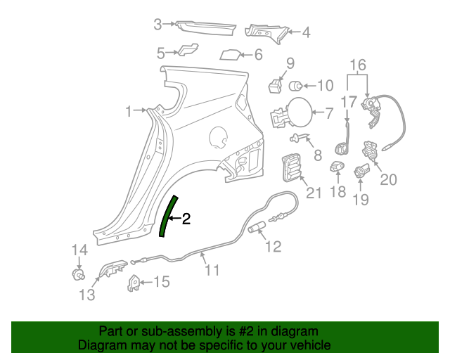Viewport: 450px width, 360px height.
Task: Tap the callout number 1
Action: click(x=129, y=111)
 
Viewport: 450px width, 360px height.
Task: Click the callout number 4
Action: click(x=306, y=32)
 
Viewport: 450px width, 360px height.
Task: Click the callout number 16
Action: click(x=359, y=65)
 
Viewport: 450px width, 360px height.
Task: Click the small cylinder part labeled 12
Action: click(x=257, y=226)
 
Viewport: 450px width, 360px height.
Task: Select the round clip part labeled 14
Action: click(x=79, y=273)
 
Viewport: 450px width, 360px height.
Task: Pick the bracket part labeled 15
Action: click(x=134, y=282)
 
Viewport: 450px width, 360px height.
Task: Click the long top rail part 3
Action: click(x=206, y=27)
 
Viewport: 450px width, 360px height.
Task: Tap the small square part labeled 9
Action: click(x=275, y=86)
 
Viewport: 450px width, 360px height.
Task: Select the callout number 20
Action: click(x=388, y=179)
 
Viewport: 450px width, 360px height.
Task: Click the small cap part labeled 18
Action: click(x=336, y=167)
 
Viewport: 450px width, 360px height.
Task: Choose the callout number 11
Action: click(x=212, y=269)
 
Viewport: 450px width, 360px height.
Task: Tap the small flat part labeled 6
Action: click(x=231, y=54)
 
